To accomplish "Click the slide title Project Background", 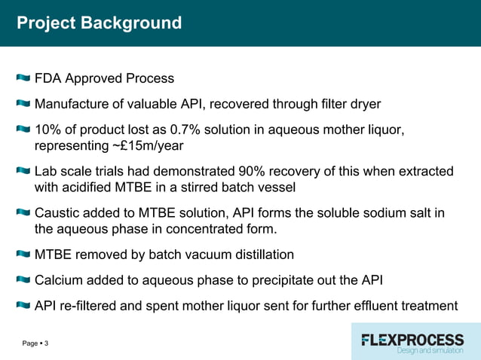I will pyautogui.click(x=99, y=23).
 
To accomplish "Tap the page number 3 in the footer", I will pyautogui.click(x=47, y=344).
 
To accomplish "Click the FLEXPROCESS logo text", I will pyautogui.click(x=412, y=339).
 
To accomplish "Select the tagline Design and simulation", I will pyautogui.click(x=430, y=351).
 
